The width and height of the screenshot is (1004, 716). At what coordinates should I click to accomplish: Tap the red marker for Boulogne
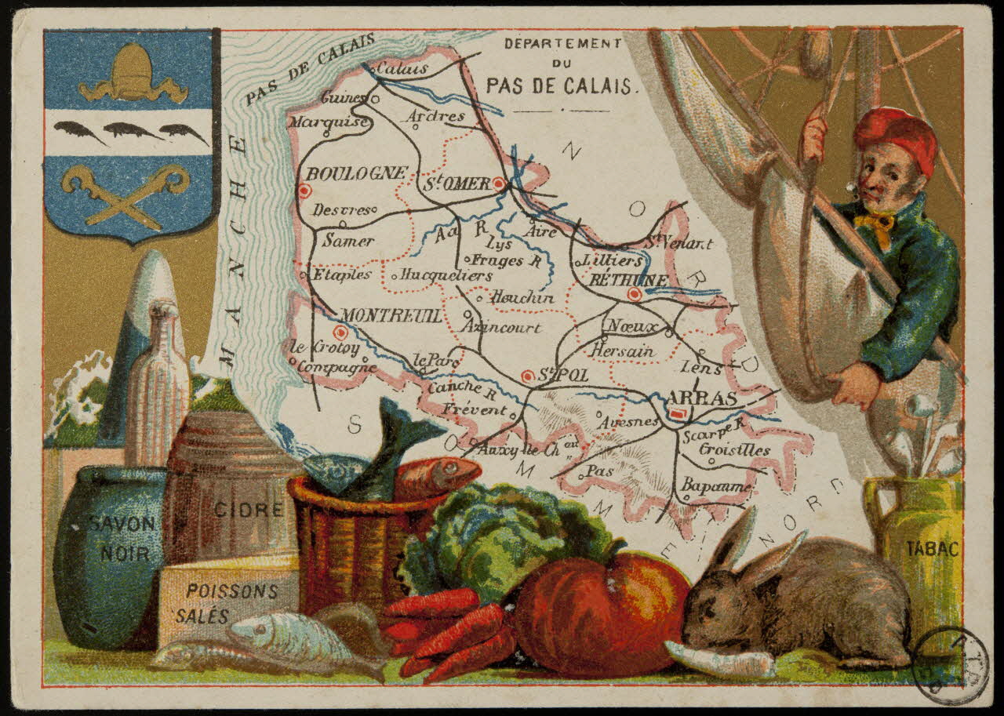(x=305, y=191)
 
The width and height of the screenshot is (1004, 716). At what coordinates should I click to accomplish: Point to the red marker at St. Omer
(x=499, y=184)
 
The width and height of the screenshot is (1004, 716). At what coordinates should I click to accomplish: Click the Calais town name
(x=402, y=69)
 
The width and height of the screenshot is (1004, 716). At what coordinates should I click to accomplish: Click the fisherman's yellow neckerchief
(x=877, y=224)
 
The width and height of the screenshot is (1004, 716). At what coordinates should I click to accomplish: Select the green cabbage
(x=502, y=533)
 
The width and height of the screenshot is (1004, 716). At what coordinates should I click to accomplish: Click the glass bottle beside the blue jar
(x=158, y=384)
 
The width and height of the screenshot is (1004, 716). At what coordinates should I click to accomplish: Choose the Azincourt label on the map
(x=502, y=327)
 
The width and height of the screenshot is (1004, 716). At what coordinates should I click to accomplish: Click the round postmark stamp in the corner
(x=951, y=665)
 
